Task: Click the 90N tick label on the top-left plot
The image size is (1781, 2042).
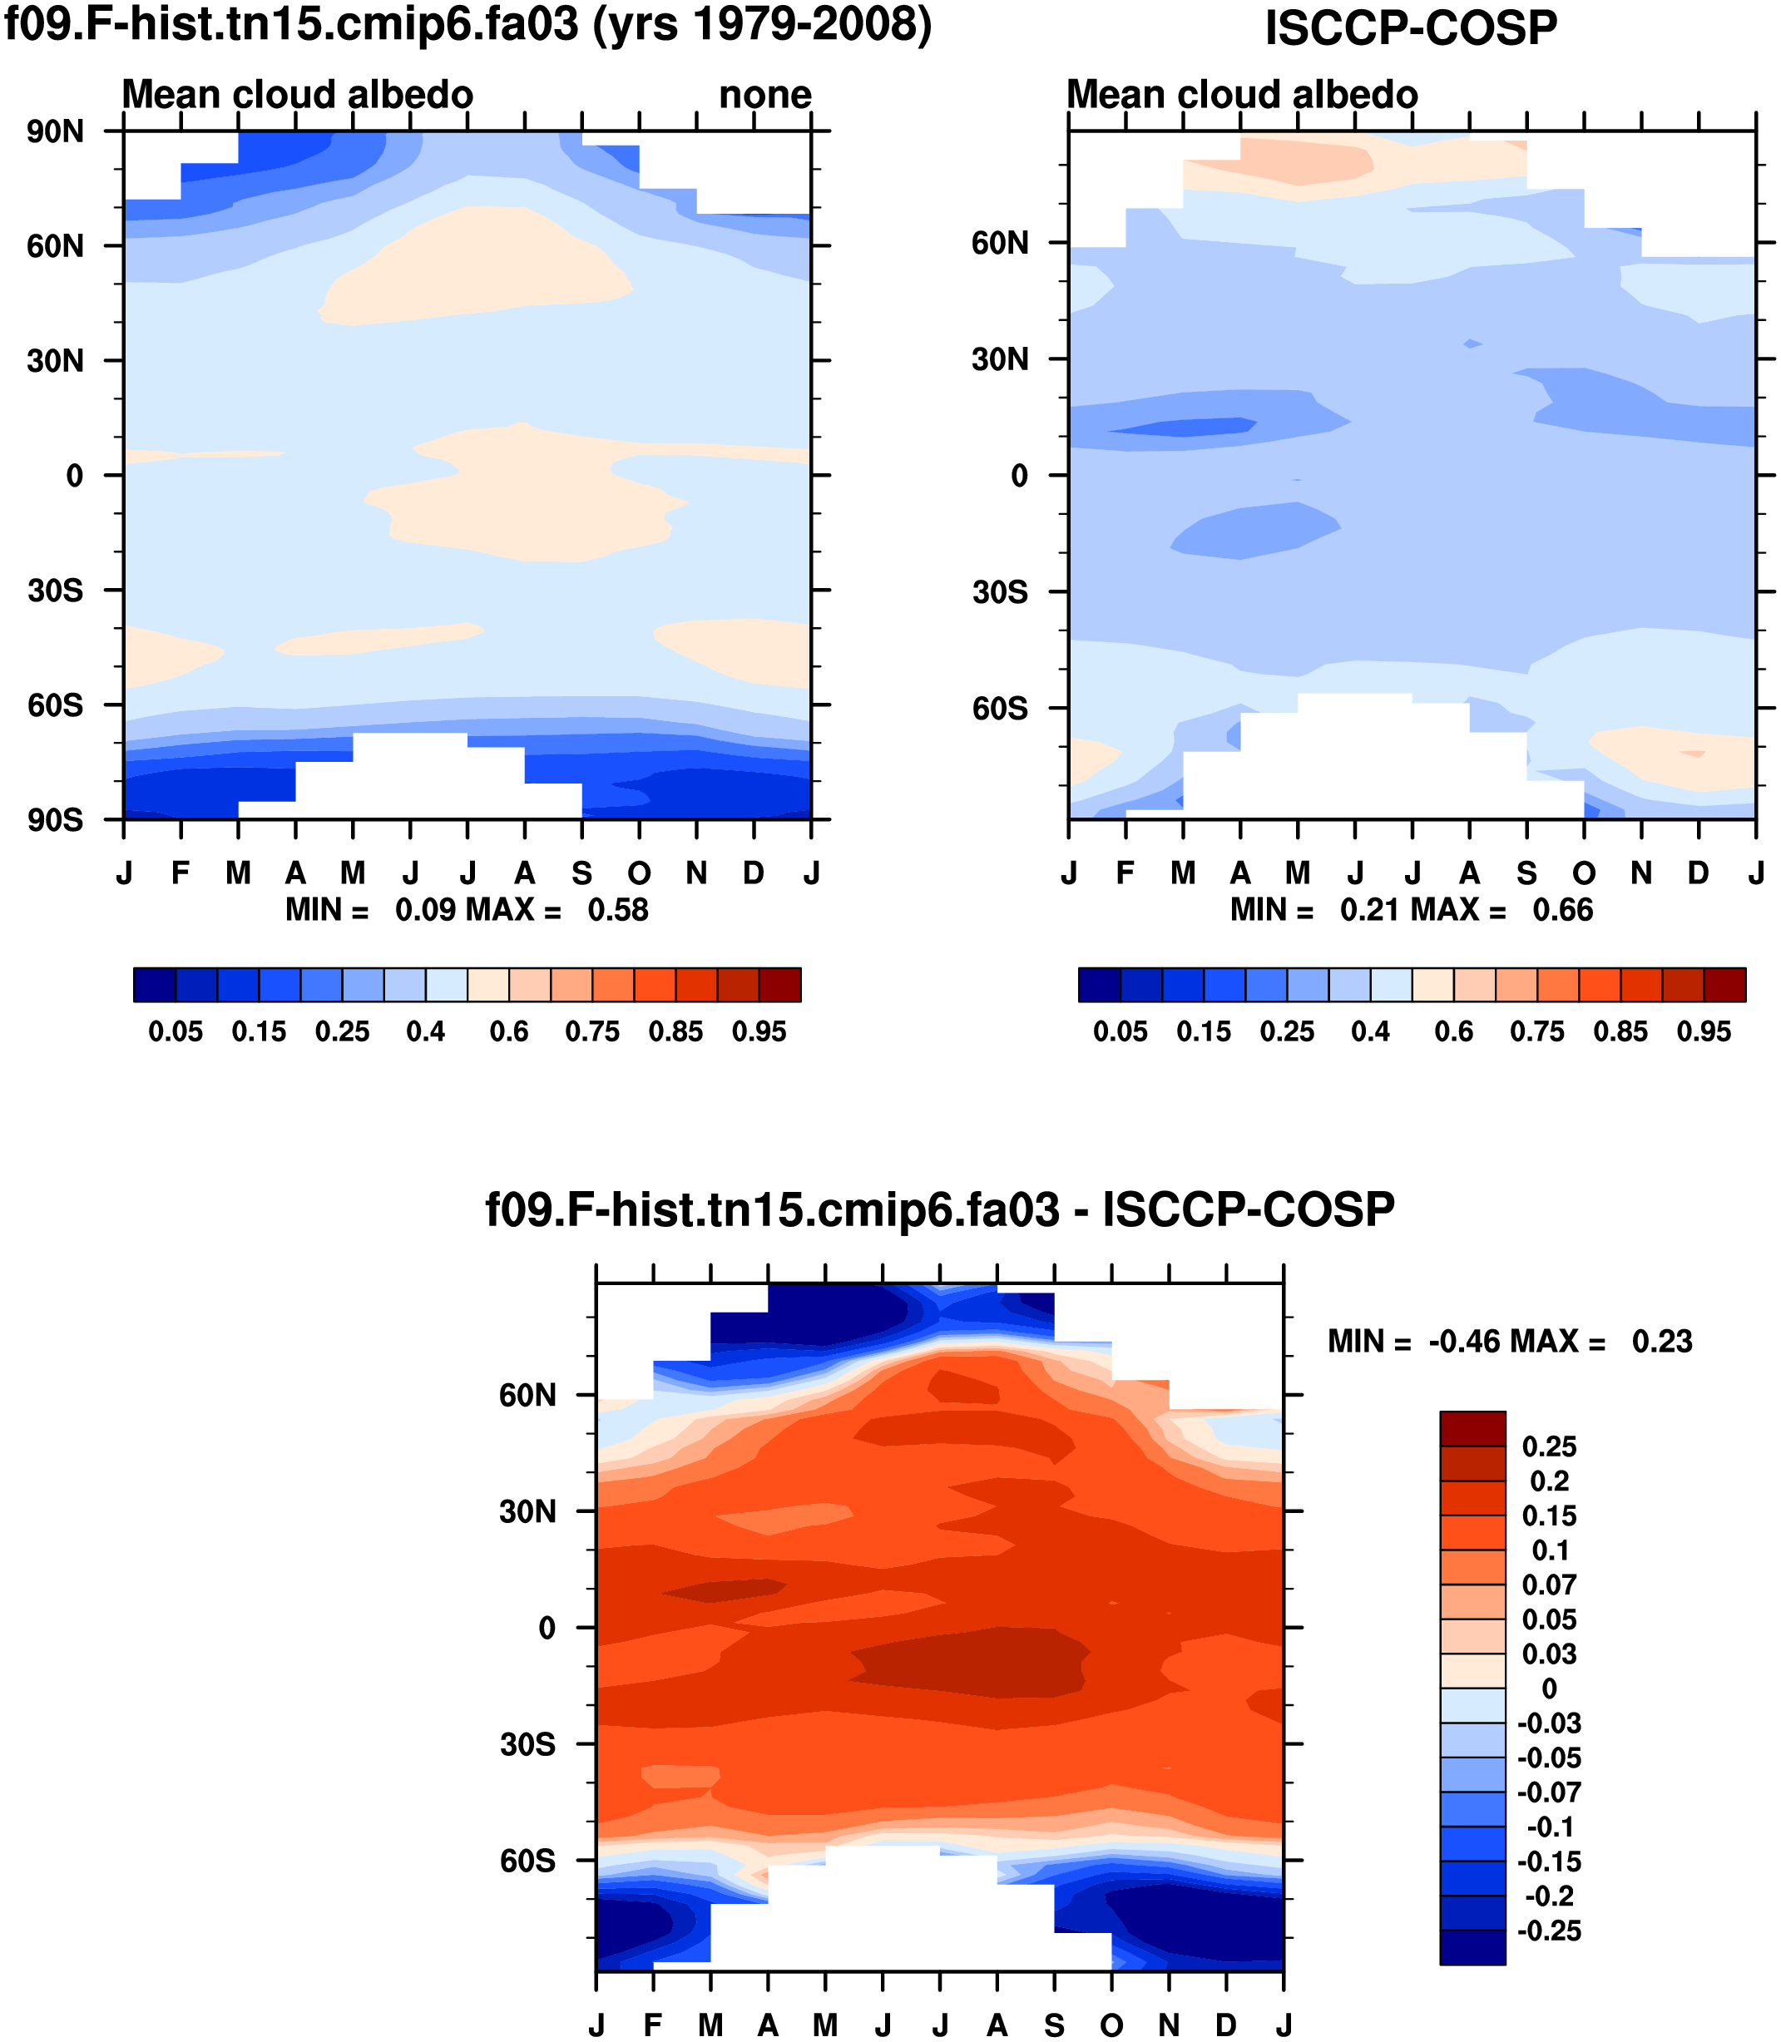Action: [x=56, y=132]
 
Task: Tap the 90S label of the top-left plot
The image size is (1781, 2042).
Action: [x=56, y=820]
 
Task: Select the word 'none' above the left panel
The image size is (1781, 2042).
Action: [x=765, y=96]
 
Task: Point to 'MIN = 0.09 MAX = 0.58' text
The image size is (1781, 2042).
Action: [x=468, y=909]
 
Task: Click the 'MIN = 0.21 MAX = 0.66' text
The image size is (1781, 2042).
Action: [x=1412, y=909]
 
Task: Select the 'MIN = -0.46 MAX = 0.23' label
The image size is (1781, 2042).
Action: [x=1510, y=1342]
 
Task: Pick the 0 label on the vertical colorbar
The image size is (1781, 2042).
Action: [x=1548, y=1688]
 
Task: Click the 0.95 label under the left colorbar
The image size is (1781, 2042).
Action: [x=759, y=1032]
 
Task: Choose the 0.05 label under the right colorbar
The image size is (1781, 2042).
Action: [x=1120, y=1032]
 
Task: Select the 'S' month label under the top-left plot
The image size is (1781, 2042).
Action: [x=582, y=873]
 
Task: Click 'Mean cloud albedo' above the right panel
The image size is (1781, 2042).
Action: [x=1241, y=96]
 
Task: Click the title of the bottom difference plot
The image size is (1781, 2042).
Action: [x=939, y=1209]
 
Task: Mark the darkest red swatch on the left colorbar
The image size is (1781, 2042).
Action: [x=780, y=985]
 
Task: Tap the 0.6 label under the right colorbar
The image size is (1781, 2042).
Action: [x=1454, y=1032]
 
